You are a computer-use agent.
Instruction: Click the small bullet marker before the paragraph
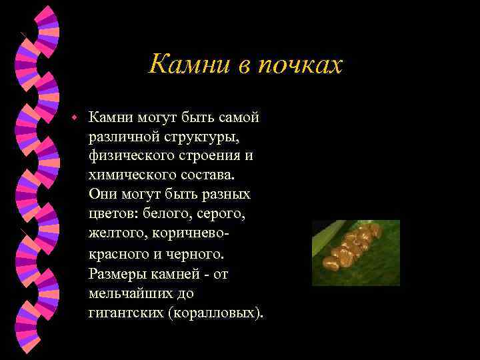[x=76, y=117]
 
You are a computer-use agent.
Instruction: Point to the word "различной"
[x=123, y=137]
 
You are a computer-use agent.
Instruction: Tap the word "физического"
[x=129, y=156]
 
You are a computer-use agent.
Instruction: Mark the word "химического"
[x=128, y=175]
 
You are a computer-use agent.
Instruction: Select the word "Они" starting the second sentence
[x=101, y=195]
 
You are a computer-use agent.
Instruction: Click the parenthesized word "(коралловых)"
[x=217, y=312]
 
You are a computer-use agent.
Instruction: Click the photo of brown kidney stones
[x=355, y=253]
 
